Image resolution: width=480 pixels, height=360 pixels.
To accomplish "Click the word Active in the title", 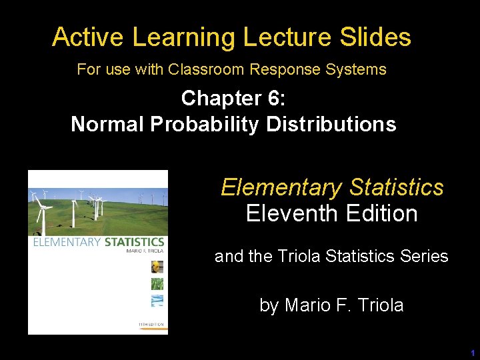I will click(89, 37).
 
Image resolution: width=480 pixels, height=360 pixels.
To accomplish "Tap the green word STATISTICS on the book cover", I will click(135, 241).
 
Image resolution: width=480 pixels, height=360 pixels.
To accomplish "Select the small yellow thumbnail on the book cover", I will click(157, 267).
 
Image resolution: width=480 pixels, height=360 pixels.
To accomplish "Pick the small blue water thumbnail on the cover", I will click(157, 300).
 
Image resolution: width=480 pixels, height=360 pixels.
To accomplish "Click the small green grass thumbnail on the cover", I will click(157, 284).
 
